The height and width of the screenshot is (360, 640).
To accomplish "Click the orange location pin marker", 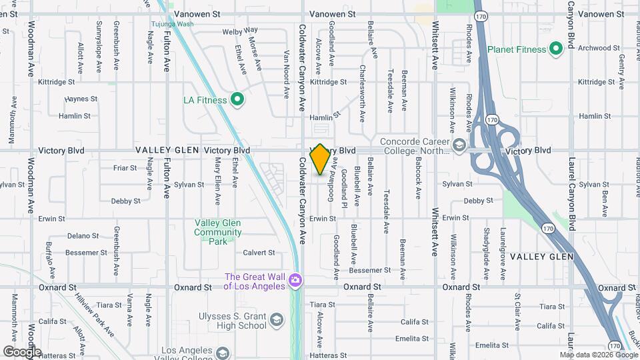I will click(320, 159).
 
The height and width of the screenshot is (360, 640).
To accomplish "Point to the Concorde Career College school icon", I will click(459, 145).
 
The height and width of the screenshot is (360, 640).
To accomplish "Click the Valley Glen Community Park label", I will click(218, 232).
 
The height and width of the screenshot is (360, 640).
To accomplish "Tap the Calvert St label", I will click(259, 253).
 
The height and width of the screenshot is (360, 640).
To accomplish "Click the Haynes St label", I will click(81, 99).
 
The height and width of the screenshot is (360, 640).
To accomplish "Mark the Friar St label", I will click(125, 168).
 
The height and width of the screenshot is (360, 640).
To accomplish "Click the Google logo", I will click(22, 351).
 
